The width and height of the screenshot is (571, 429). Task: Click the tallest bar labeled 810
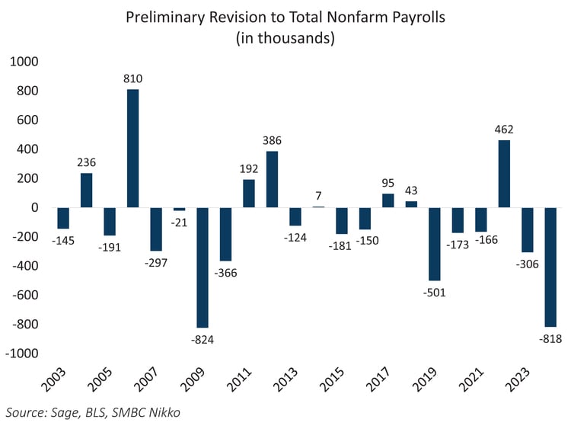click(x=132, y=148)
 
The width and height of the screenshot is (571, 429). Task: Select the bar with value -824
click(x=203, y=267)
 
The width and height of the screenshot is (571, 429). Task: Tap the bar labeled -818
click(x=550, y=266)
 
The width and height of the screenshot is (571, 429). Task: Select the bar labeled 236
click(x=86, y=190)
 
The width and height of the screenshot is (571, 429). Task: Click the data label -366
click(x=225, y=273)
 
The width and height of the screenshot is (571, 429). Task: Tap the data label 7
click(x=318, y=195)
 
